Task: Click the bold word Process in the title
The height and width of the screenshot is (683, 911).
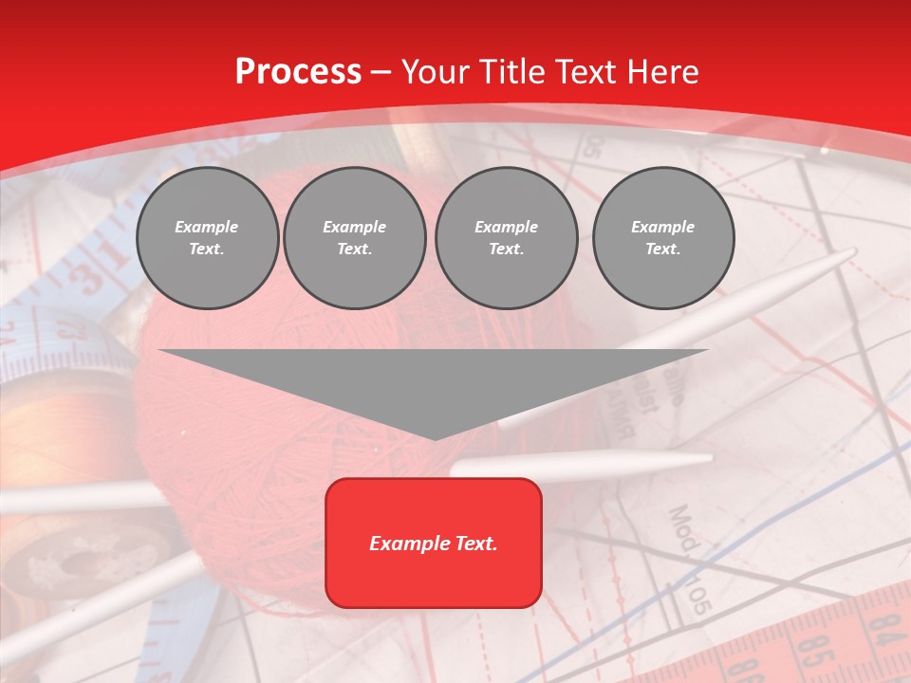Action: point(298,72)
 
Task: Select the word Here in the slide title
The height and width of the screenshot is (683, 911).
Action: point(661,72)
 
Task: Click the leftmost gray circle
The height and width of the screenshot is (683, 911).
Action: point(207,238)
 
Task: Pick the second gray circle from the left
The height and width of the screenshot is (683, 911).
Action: point(354,238)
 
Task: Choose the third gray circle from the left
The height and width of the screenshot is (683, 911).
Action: point(506,238)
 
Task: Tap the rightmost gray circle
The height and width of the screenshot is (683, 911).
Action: point(662,238)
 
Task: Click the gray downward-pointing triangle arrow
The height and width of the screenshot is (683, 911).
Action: point(434,384)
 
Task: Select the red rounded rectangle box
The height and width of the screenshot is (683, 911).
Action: point(434,543)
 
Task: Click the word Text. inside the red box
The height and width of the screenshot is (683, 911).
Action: point(474,544)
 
